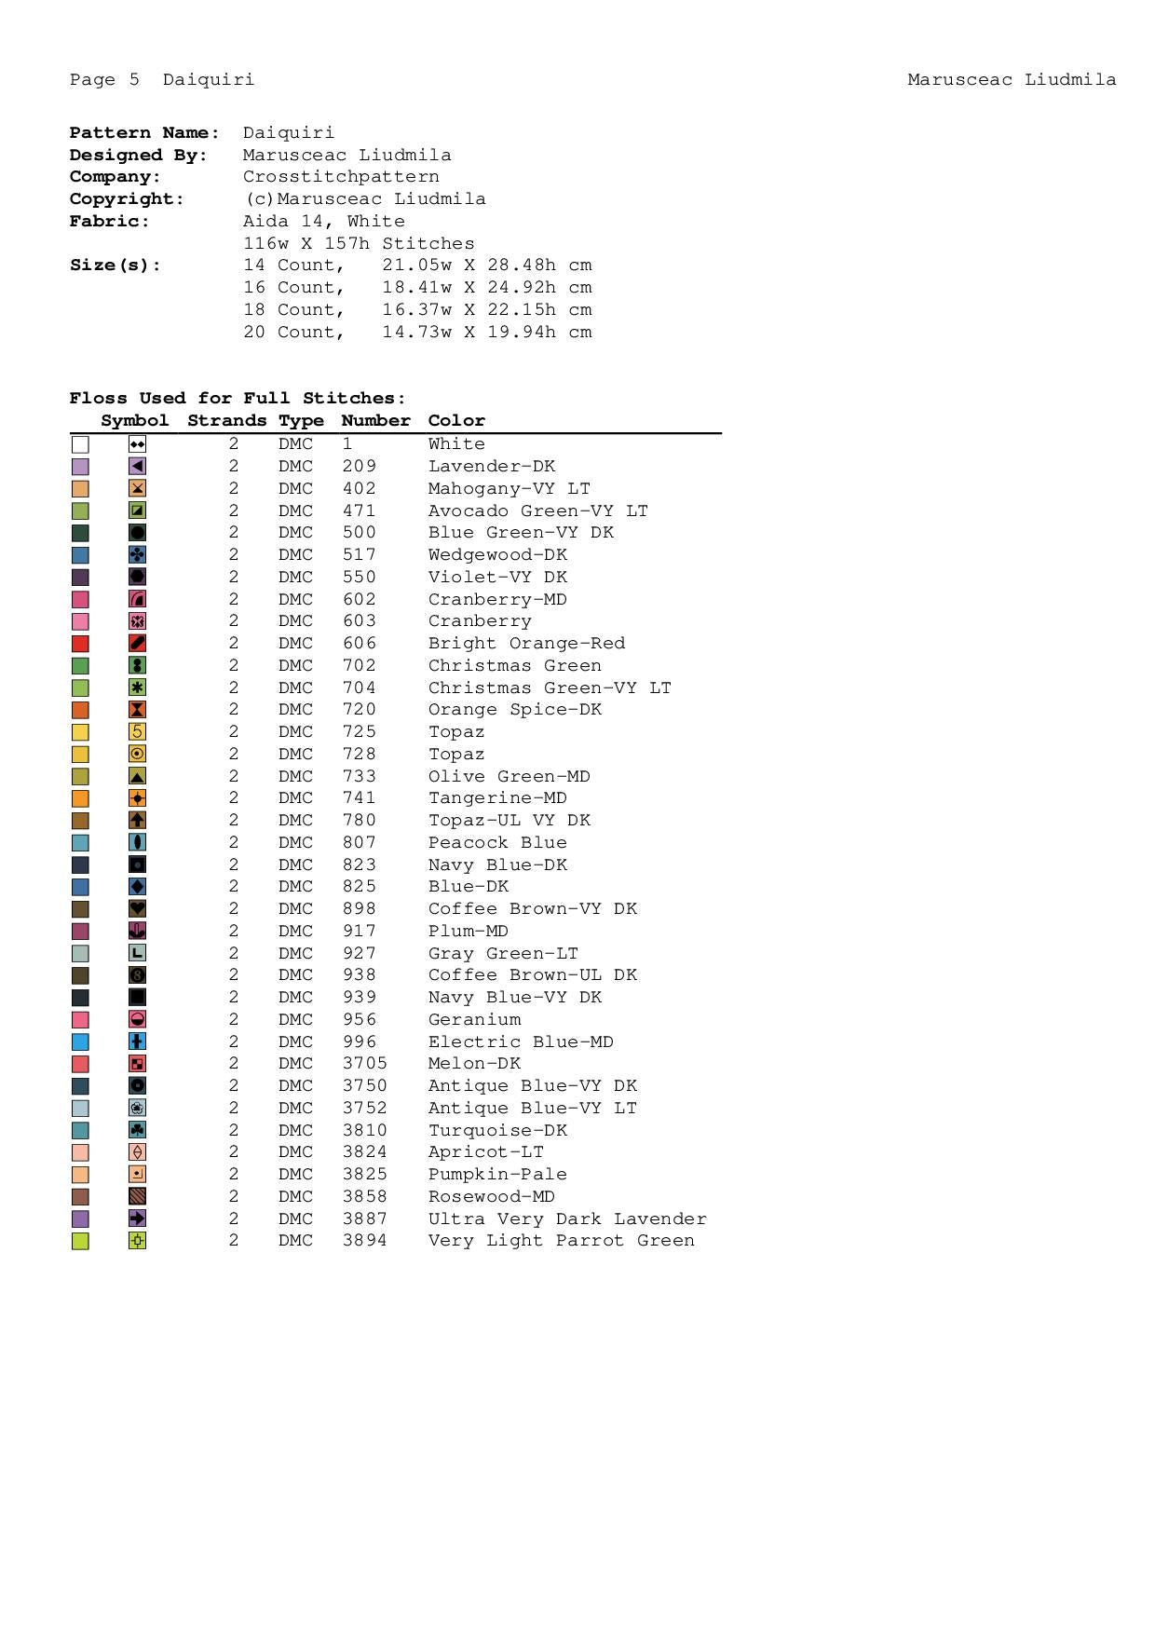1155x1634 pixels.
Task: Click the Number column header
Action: click(375, 420)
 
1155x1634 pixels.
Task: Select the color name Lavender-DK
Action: click(491, 466)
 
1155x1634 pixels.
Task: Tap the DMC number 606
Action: click(359, 643)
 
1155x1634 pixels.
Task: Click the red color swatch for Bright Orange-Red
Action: click(80, 644)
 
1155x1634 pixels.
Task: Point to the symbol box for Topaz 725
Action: click(137, 732)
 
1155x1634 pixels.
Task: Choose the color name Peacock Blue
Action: click(497, 842)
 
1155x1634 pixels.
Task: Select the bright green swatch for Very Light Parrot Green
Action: click(80, 1241)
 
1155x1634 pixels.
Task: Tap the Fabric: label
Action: click(110, 221)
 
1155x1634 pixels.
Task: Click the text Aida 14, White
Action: click(323, 221)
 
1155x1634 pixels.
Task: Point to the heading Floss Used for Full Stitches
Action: click(238, 398)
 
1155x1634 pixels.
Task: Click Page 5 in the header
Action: click(104, 79)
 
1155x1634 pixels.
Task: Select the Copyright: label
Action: click(127, 198)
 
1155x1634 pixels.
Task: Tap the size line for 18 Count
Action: click(417, 309)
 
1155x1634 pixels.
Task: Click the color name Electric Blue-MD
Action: click(521, 1042)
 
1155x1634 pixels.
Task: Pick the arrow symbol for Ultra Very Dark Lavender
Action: click(137, 1219)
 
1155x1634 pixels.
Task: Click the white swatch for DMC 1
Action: click(80, 444)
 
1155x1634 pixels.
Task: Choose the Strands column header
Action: click(226, 420)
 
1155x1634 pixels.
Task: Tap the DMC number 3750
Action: click(364, 1085)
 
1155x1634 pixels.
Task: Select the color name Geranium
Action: click(474, 1019)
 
